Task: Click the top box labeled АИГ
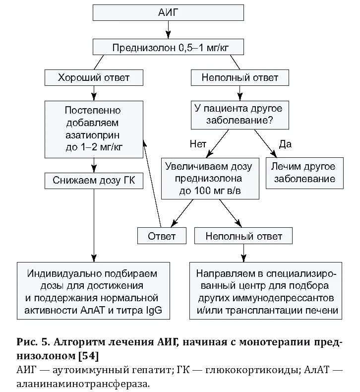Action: [x=168, y=13]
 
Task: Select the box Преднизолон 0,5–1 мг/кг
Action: [x=168, y=48]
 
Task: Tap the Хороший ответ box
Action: [x=94, y=78]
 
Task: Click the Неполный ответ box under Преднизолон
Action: [x=240, y=78]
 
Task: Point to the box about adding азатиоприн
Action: [x=94, y=129]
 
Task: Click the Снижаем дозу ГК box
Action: [x=94, y=181]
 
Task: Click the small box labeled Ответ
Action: [x=162, y=236]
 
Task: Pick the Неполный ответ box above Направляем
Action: [x=243, y=236]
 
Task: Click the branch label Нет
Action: [x=197, y=144]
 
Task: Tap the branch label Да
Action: [x=285, y=144]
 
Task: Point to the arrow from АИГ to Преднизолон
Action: [x=168, y=30]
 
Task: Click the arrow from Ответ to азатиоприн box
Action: [x=151, y=184]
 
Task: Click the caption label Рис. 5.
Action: [x=34, y=342]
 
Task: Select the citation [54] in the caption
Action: [x=88, y=356]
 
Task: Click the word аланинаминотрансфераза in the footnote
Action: [x=82, y=384]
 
